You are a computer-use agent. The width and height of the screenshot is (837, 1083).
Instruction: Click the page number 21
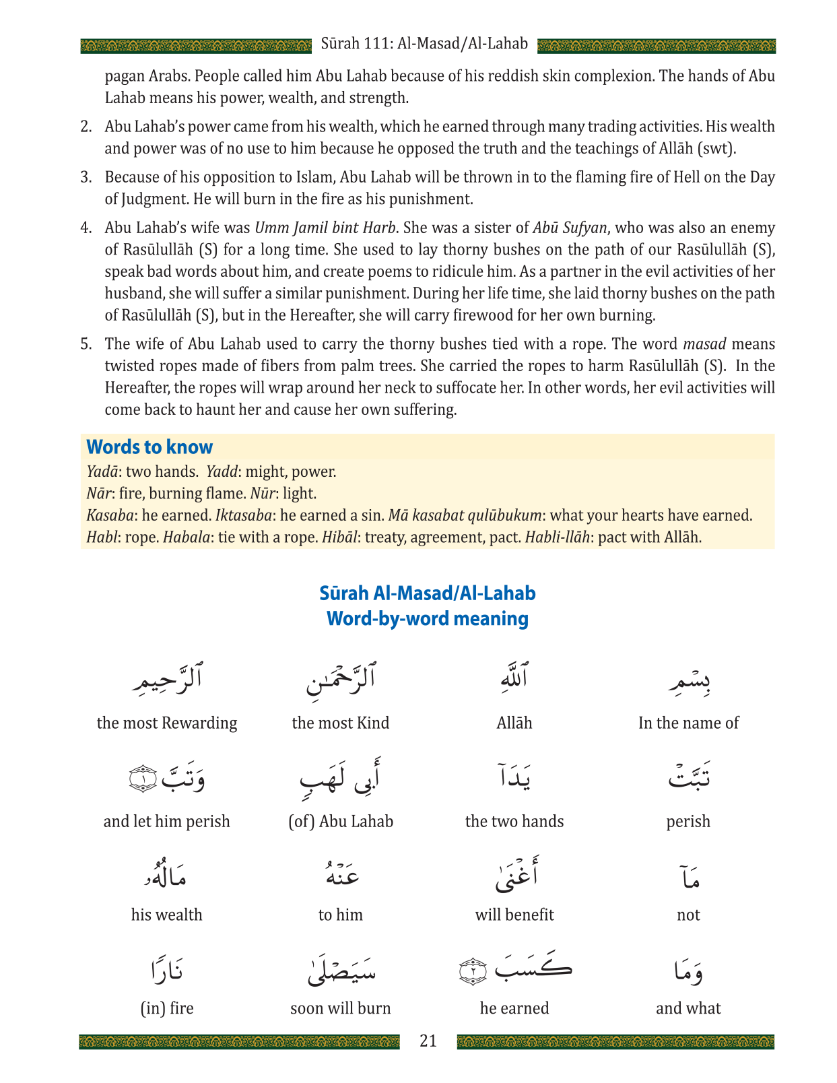pyautogui.click(x=428, y=1041)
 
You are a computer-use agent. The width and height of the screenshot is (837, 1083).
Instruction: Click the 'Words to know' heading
pyautogui.click(x=149, y=447)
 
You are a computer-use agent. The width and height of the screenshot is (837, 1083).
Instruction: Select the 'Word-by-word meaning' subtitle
pyautogui.click(x=427, y=618)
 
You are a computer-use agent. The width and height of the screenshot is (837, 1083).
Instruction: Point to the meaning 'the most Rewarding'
pyautogui.click(x=167, y=723)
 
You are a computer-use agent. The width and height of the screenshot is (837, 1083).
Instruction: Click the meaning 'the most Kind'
pyautogui.click(x=340, y=723)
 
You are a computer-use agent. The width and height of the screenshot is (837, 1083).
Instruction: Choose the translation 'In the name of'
pyautogui.click(x=688, y=723)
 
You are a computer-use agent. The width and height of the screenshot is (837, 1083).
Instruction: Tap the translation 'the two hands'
pyautogui.click(x=514, y=822)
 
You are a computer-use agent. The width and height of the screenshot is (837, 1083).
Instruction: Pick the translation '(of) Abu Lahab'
pyautogui.click(x=340, y=822)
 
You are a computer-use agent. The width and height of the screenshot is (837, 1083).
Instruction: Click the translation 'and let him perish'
pyautogui.click(x=167, y=822)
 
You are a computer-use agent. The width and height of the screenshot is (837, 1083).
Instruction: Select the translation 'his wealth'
pyautogui.click(x=167, y=915)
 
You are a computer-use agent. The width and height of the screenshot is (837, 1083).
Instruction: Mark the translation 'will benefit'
pyautogui.click(x=514, y=915)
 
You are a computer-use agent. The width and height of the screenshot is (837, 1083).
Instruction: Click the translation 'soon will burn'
pyautogui.click(x=340, y=1008)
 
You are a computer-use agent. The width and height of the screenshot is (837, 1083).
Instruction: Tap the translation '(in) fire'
pyautogui.click(x=167, y=1008)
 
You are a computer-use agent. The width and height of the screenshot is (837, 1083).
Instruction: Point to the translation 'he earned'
pyautogui.click(x=514, y=1008)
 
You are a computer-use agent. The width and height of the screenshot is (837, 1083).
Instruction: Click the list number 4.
pyautogui.click(x=86, y=228)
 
